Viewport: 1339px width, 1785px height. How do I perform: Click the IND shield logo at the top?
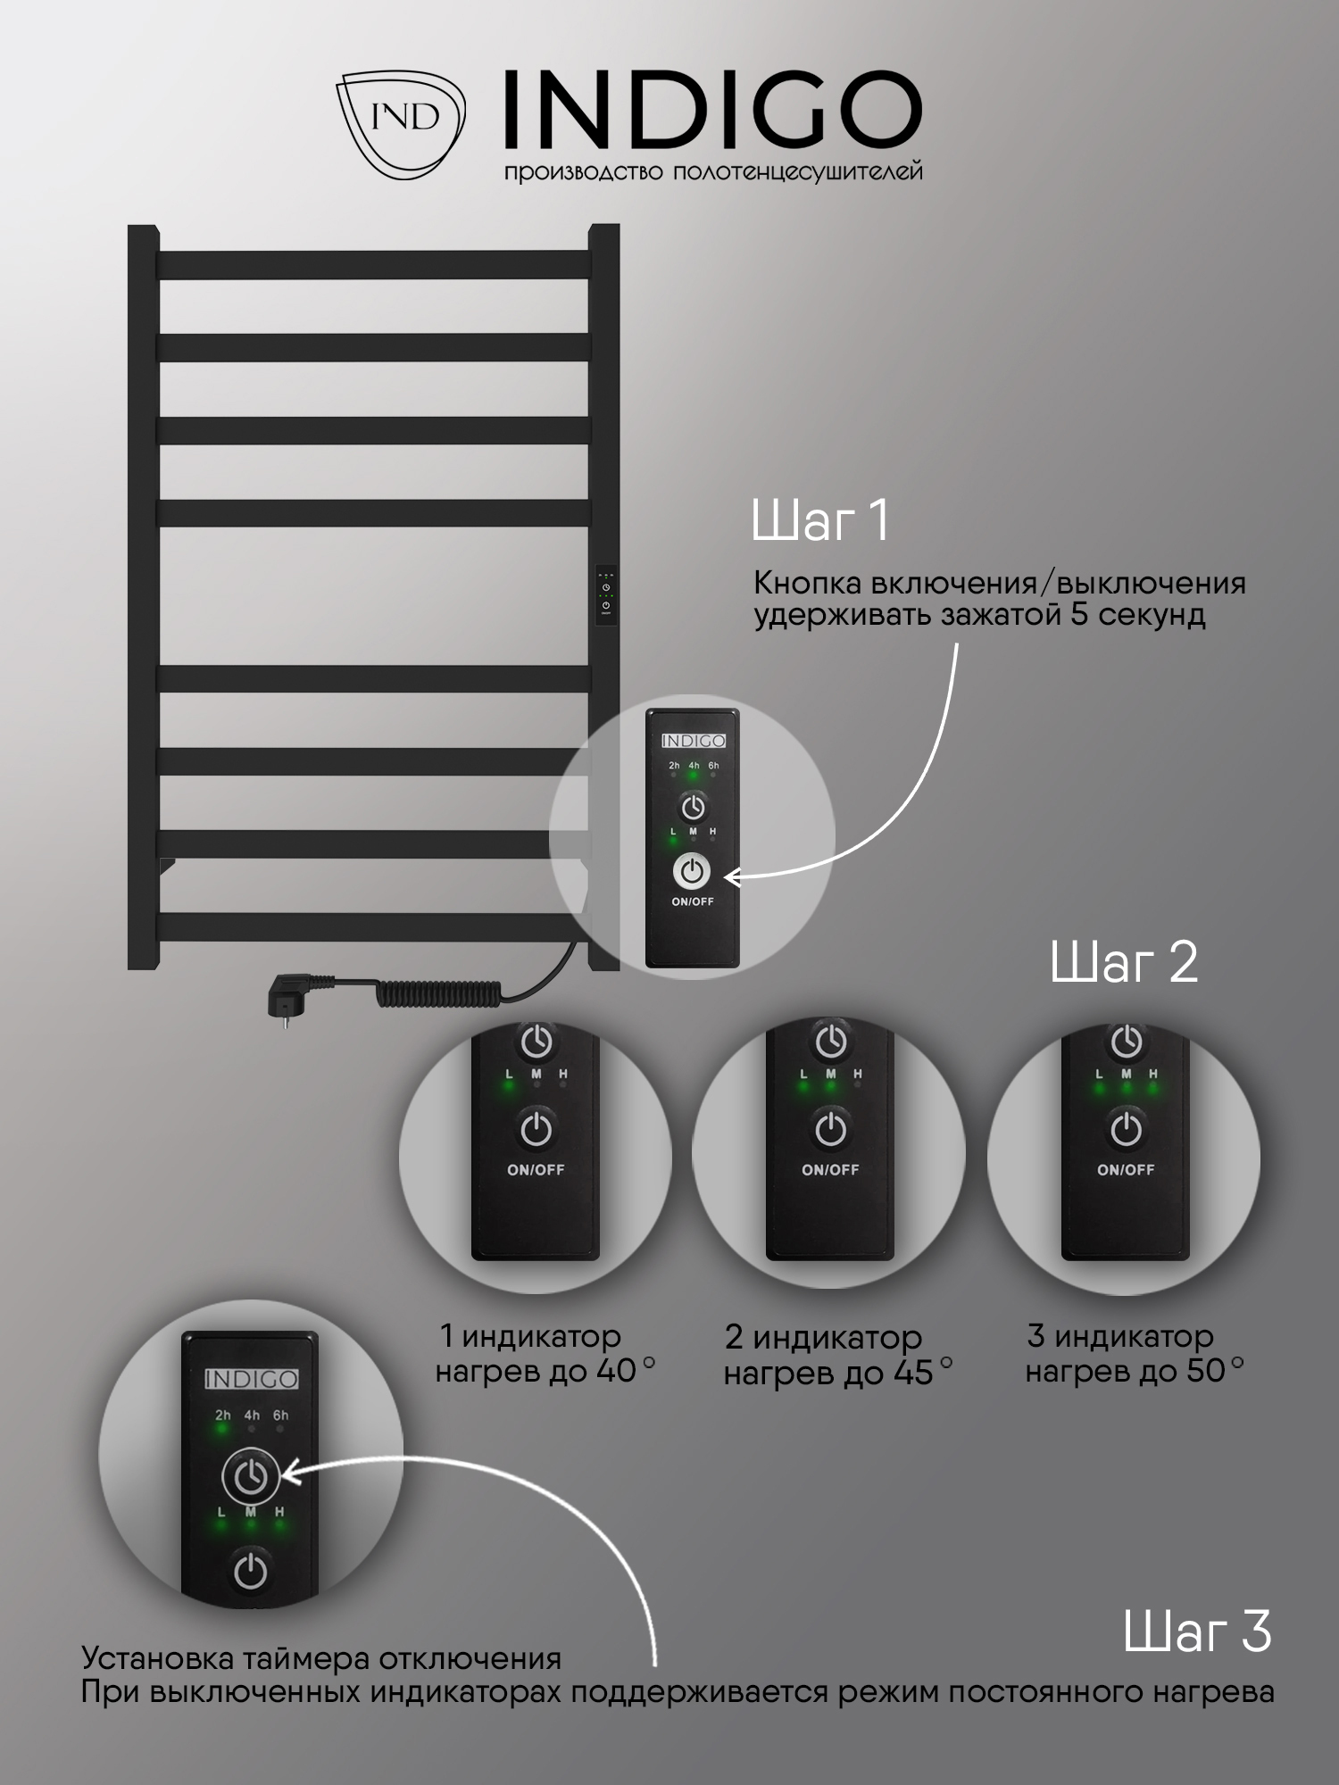pos(401,124)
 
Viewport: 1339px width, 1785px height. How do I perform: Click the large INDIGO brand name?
pos(713,112)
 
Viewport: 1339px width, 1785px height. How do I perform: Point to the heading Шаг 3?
pos(1197,1631)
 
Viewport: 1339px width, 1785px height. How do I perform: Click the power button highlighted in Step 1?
pos(693,872)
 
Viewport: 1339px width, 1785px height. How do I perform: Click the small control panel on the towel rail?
pos(606,594)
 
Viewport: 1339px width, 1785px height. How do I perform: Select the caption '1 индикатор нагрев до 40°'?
pos(545,1354)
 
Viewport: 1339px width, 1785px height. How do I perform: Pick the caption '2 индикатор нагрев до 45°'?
pos(837,1355)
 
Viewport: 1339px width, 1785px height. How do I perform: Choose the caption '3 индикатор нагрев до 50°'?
pos(1134,1353)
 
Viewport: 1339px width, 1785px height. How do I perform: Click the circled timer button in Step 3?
pos(251,1477)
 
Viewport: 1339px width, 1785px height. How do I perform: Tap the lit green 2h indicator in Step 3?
pos(222,1428)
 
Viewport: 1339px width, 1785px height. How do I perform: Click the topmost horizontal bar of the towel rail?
pos(374,265)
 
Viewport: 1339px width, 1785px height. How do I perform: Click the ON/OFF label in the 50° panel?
pos(1126,1169)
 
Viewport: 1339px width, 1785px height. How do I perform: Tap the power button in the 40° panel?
pos(536,1130)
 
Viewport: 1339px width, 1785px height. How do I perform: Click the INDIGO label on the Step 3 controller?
pos(251,1379)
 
